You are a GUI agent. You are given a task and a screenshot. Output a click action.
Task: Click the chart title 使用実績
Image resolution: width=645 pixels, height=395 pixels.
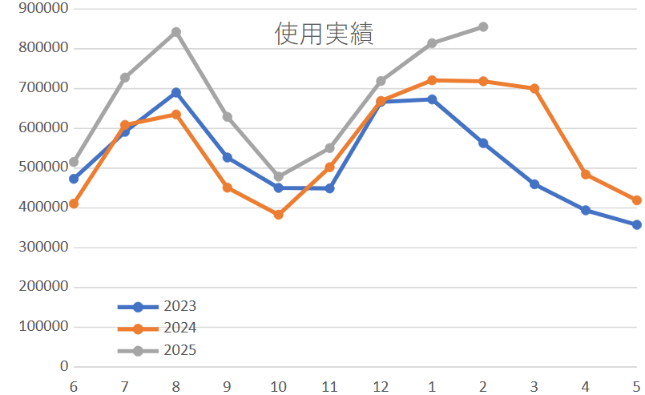coord(324,34)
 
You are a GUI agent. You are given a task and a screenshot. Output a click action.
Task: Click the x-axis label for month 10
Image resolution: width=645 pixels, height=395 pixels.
coord(278,386)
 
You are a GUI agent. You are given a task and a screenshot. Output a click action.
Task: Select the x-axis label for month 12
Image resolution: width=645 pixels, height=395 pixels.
coord(381,386)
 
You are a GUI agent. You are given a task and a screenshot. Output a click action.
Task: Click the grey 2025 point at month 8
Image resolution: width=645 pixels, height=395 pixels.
coord(175,32)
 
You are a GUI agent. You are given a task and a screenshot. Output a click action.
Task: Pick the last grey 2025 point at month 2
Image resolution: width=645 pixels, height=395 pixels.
coord(483,27)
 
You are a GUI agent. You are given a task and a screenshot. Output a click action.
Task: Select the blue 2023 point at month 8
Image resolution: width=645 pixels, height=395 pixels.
coord(175,93)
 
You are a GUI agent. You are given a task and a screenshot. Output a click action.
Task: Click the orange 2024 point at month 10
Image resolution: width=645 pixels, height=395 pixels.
coord(278,215)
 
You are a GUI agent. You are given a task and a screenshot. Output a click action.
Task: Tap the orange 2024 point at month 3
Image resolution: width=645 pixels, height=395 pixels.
coord(534,88)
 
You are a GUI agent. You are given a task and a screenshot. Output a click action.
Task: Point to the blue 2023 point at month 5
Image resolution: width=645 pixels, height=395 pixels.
coord(636,225)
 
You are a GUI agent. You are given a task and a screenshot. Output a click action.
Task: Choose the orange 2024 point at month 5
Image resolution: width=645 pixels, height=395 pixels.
coord(636,200)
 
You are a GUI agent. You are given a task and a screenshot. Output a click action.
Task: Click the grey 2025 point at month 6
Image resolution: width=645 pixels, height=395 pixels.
coord(74,162)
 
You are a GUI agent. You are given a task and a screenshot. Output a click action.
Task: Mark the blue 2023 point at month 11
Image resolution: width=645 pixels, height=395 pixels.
coord(329,188)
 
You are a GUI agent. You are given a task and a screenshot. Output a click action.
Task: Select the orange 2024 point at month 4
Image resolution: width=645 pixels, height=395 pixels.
coord(586,175)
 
